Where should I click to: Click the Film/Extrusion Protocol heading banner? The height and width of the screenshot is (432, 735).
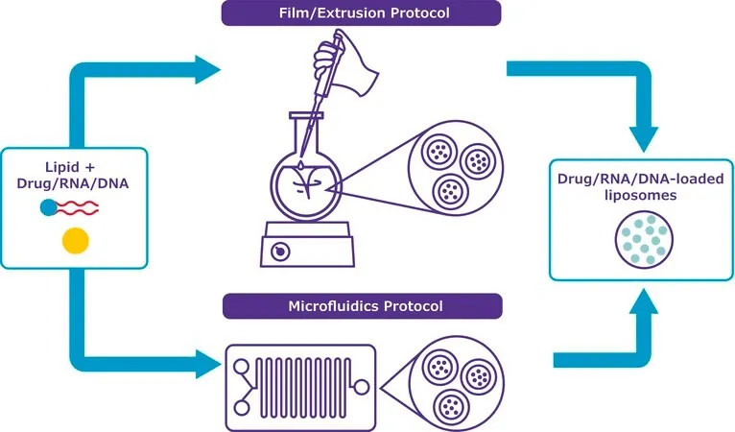click(361, 12)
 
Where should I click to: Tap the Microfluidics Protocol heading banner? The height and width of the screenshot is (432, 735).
click(363, 306)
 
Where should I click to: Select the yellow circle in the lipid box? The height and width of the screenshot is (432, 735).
click(76, 241)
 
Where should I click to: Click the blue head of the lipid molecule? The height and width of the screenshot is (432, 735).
click(49, 207)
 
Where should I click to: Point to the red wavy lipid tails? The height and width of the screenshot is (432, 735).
click(78, 207)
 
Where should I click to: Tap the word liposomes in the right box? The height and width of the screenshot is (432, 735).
click(640, 195)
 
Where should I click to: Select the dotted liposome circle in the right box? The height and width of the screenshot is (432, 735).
click(644, 240)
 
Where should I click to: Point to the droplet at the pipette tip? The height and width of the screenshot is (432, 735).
click(300, 165)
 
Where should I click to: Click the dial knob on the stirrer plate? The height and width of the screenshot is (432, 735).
click(280, 252)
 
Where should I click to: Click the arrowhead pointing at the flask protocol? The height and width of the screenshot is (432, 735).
click(207, 69)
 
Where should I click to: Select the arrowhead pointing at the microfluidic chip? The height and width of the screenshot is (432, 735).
click(207, 364)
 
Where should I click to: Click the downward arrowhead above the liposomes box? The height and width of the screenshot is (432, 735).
click(644, 139)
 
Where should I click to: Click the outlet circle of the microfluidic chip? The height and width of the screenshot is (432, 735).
click(362, 388)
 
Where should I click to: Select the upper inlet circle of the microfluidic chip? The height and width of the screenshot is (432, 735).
click(242, 367)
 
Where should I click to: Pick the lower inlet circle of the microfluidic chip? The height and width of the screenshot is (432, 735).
click(242, 408)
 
